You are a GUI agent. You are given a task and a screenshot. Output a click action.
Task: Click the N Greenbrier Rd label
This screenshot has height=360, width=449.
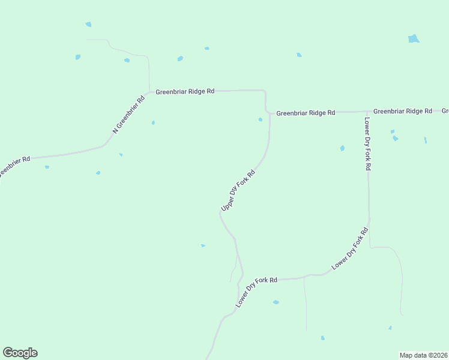[x=129, y=114]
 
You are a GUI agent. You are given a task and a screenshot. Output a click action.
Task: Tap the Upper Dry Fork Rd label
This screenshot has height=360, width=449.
[x=238, y=190]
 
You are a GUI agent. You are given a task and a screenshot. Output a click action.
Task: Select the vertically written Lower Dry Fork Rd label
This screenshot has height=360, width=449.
[x=367, y=143]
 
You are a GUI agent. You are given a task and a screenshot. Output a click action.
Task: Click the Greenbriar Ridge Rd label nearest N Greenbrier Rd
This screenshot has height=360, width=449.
[x=185, y=92]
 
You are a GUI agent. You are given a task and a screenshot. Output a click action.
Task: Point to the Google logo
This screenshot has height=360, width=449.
[x=20, y=353]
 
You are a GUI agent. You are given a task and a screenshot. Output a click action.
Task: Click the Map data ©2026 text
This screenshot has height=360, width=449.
[x=423, y=355]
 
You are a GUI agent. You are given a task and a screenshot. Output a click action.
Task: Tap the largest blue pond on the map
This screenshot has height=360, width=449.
[x=413, y=39]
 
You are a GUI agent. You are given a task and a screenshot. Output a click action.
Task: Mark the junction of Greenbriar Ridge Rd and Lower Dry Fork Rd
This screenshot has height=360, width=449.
[x=367, y=112]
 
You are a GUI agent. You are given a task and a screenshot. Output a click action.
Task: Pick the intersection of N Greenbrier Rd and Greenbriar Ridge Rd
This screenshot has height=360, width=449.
[x=149, y=92]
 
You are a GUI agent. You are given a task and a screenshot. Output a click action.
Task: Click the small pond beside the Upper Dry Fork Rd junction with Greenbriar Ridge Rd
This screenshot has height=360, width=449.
[x=260, y=119]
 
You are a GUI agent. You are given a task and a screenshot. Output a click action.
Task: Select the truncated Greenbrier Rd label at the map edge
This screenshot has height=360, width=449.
[x=13, y=166]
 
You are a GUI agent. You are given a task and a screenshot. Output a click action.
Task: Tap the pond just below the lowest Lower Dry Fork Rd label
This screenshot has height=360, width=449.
[x=276, y=302]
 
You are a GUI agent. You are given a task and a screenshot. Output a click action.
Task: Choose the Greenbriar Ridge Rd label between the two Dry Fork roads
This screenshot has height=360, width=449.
[x=306, y=112]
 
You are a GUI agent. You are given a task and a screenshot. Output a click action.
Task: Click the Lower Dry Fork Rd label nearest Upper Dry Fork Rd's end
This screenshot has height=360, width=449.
[x=256, y=292]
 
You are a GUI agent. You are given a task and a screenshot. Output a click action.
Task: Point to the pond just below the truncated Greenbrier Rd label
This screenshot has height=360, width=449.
[x=47, y=167]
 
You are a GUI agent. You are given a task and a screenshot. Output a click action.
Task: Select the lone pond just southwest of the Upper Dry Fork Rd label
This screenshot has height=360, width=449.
[x=203, y=245]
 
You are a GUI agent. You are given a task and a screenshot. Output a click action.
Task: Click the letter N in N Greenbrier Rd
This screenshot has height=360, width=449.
[x=115, y=131]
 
